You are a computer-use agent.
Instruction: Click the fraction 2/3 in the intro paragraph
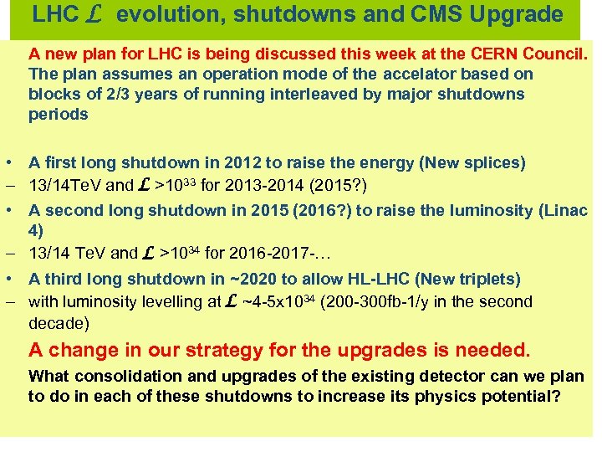point(94,94)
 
